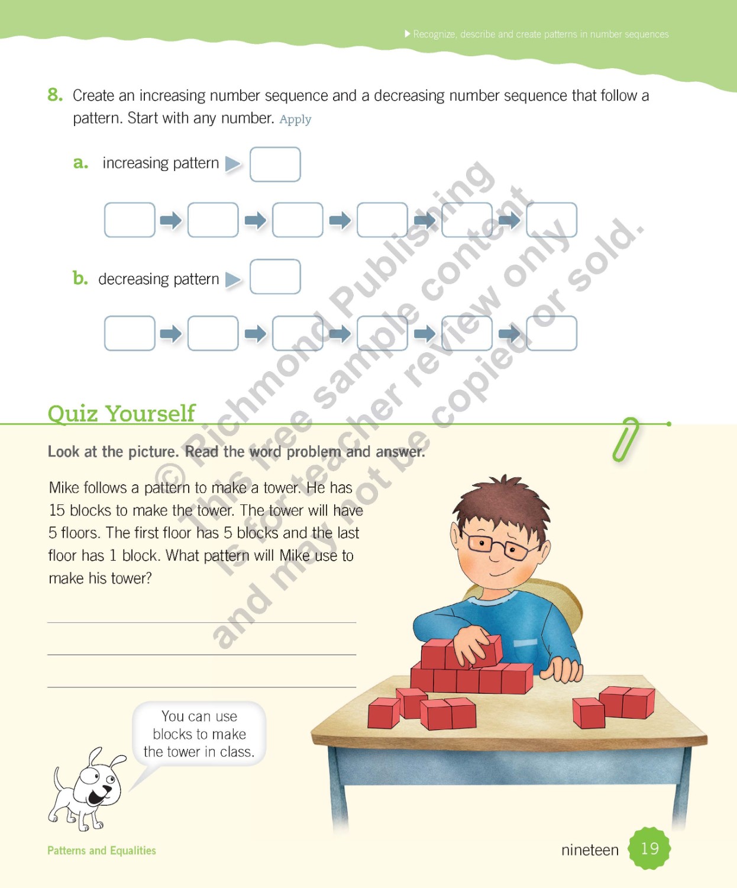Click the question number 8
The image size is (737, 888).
[x=55, y=95]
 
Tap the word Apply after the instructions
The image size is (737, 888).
[x=295, y=120]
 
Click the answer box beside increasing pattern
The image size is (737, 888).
[x=275, y=164]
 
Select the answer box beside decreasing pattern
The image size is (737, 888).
[x=275, y=276]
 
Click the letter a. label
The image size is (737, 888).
[x=80, y=163]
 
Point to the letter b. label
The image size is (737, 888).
[x=80, y=278]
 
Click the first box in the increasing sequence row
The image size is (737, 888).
[x=130, y=220]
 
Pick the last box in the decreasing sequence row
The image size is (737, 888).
[x=551, y=333]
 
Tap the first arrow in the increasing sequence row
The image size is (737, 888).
[x=171, y=221]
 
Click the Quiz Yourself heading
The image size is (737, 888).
[x=121, y=413]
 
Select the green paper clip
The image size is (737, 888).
[x=626, y=439]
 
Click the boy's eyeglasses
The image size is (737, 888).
[x=500, y=547]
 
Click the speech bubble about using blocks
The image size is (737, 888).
[x=199, y=734]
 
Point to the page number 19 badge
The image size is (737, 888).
[x=649, y=848]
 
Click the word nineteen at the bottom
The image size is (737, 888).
[x=589, y=850]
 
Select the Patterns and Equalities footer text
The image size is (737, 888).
[x=102, y=851]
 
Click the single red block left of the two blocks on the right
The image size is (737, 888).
[x=588, y=713]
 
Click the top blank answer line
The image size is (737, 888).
[x=201, y=622]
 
